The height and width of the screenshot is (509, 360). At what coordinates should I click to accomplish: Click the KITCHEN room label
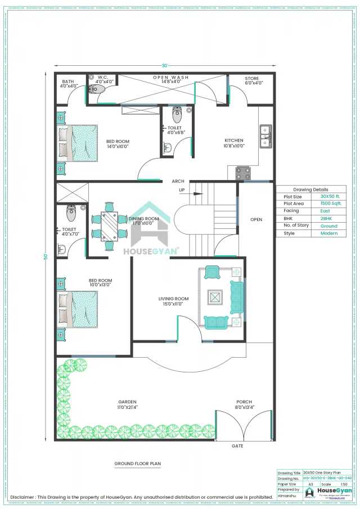[x=234, y=140]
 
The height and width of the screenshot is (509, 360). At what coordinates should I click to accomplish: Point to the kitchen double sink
[x=265, y=136]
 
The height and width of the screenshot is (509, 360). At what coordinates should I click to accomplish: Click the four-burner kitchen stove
[x=242, y=173]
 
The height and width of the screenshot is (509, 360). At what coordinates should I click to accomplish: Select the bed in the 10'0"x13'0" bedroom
[x=77, y=309]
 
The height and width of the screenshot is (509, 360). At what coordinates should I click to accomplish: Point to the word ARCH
[x=178, y=181]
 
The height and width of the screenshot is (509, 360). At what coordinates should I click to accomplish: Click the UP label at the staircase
[x=182, y=190]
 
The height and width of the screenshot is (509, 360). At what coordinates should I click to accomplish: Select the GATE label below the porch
[x=237, y=445]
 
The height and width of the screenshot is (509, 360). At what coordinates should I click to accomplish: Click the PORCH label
[x=244, y=402]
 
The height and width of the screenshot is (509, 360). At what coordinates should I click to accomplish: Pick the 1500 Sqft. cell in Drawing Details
[x=330, y=204]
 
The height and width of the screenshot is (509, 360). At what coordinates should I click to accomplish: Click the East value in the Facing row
[x=330, y=211]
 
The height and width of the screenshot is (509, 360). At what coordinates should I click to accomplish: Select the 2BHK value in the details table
[x=330, y=218]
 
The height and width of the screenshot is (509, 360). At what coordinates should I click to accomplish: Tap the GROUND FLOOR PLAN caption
[x=137, y=464]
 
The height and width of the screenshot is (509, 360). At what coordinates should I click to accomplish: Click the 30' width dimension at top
[x=165, y=64]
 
